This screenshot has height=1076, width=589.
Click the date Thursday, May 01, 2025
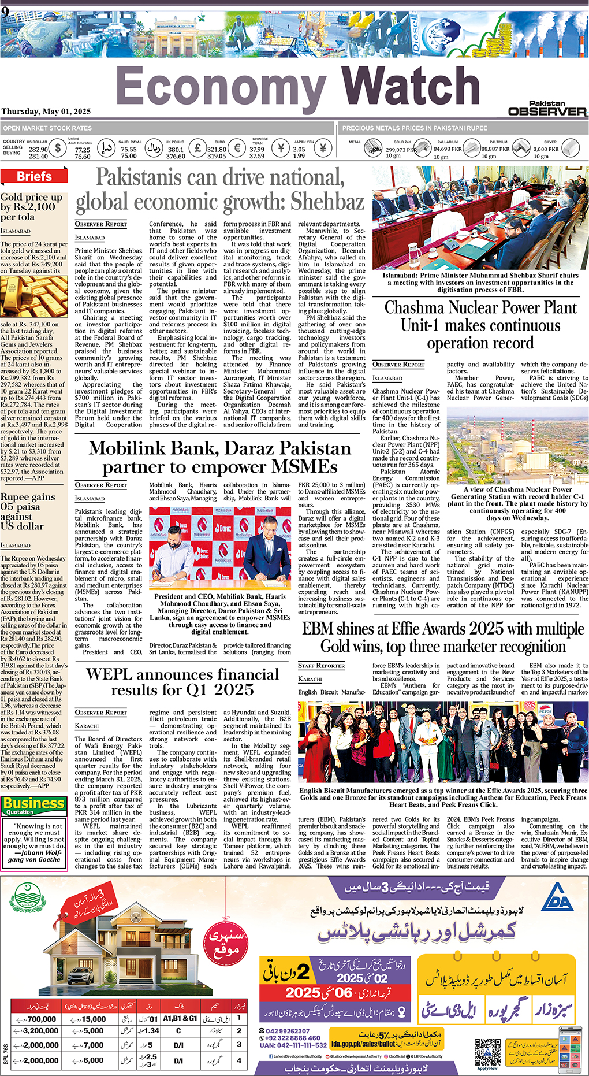pyautogui.click(x=46, y=112)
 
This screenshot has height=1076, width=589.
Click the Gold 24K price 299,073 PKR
pyautogui.click(x=401, y=149)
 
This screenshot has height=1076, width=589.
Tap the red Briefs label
pyautogui.click(x=34, y=177)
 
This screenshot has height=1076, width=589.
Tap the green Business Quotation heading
pyautogui.click(x=33, y=804)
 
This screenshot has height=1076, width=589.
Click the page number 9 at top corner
pyautogui.click(x=5, y=12)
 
